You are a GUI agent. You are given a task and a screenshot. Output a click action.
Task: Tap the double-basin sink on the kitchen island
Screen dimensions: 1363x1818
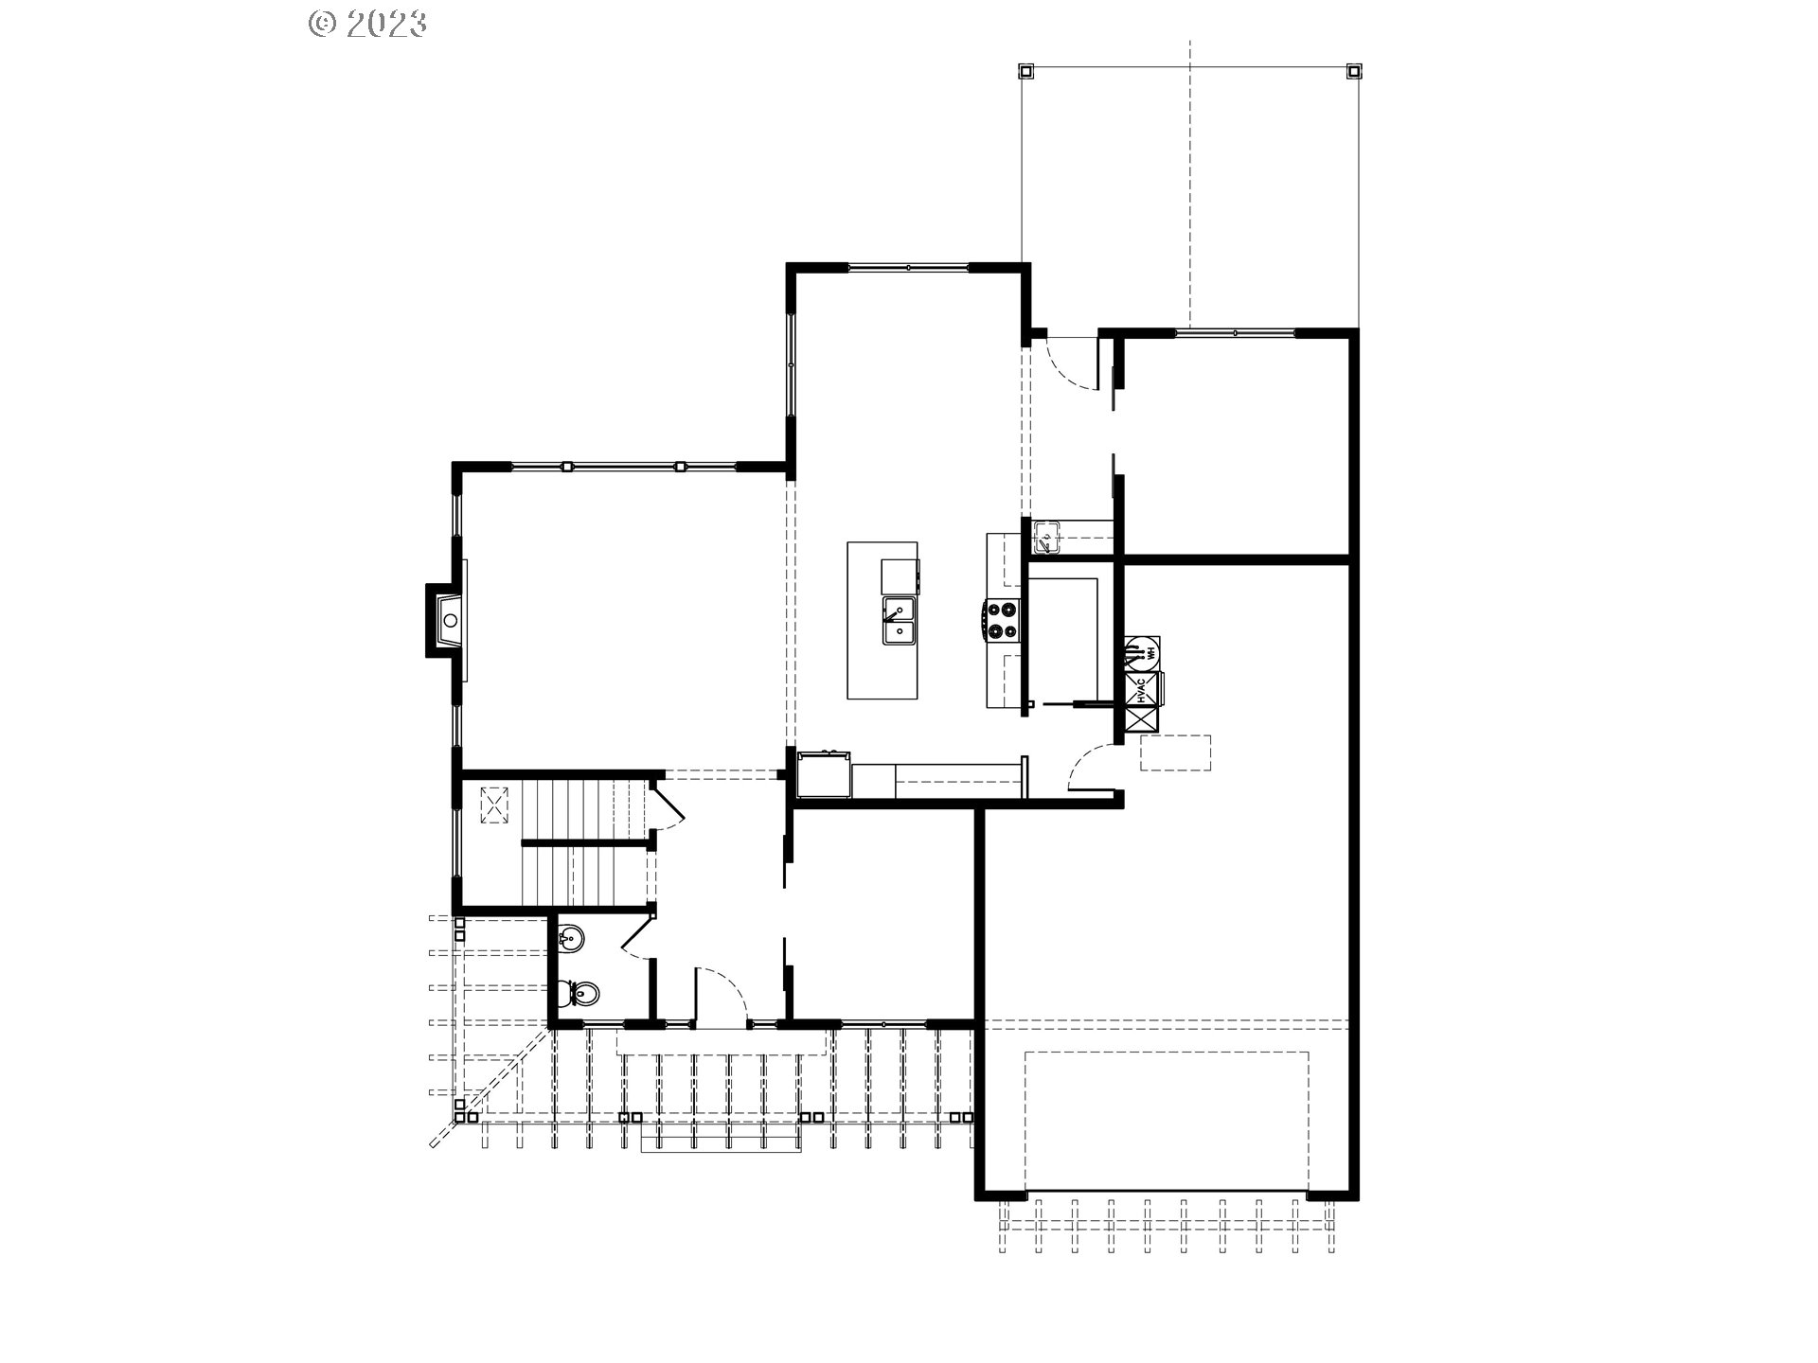(899, 621)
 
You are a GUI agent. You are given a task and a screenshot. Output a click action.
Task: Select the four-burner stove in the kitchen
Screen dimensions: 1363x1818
(1002, 621)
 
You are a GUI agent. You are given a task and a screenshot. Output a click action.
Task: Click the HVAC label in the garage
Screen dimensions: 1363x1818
(1141, 690)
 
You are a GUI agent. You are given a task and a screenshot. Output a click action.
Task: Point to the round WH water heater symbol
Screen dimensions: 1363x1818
(1142, 651)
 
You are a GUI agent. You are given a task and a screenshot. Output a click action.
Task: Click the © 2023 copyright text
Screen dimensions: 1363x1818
(367, 24)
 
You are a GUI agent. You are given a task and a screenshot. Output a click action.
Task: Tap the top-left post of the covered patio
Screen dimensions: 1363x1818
(1025, 71)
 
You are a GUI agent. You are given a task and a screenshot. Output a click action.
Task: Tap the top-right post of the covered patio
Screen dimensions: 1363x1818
(1354, 71)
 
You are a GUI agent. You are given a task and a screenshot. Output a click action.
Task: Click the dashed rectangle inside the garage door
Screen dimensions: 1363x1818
(1167, 1120)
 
